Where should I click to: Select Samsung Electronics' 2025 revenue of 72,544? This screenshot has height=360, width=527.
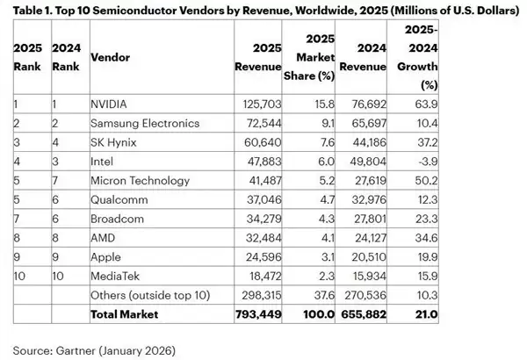tap(263, 124)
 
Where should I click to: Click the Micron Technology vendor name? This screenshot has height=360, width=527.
tap(141, 181)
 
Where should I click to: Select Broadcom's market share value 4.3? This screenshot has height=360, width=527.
tap(325, 219)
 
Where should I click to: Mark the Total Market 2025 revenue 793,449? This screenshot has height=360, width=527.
tap(259, 313)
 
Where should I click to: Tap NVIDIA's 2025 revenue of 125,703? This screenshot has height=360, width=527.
tap(260, 104)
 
